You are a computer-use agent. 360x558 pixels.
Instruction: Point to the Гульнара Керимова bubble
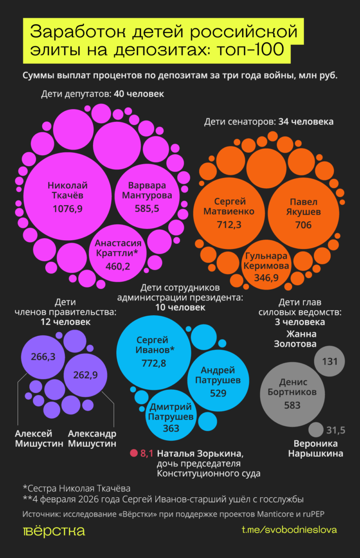[x=266, y=267]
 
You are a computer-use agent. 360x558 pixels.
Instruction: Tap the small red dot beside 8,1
[x=134, y=453]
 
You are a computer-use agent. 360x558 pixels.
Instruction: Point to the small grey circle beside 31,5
[x=316, y=430]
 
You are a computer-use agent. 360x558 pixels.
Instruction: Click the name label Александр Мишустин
[x=92, y=438]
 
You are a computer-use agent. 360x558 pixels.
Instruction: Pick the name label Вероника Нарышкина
[x=315, y=448]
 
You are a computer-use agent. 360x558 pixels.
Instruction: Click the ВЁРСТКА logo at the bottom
[x=54, y=531]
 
